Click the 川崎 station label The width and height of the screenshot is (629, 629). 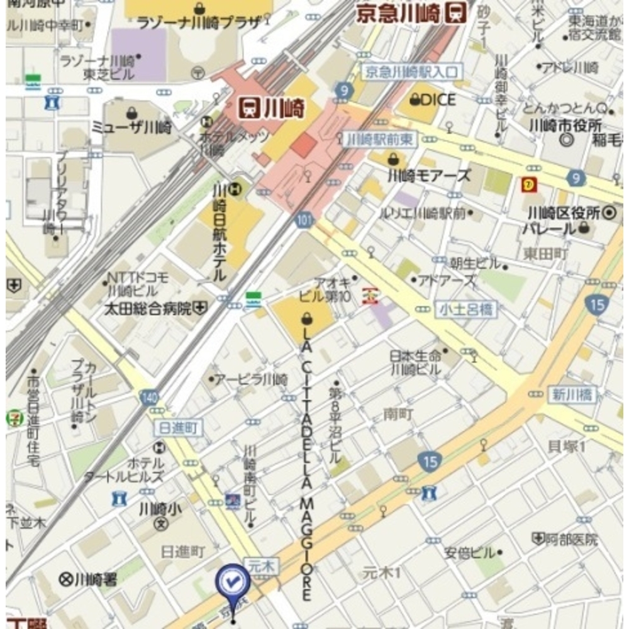(272, 108)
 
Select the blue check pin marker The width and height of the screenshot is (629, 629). (233, 584)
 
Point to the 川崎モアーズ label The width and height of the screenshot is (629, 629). (428, 175)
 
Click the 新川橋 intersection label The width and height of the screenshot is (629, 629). (571, 395)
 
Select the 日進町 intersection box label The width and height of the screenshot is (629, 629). (179, 428)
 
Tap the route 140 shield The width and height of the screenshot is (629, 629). (149, 398)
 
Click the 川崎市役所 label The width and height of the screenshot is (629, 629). (565, 124)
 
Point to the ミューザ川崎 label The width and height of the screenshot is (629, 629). (131, 127)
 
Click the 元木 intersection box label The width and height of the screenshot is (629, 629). (260, 567)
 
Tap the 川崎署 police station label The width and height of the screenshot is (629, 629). (88, 579)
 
